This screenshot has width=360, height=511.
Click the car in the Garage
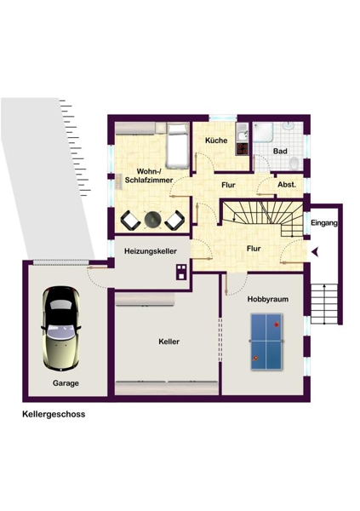[x=61, y=328]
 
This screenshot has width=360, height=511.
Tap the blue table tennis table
[x=266, y=342]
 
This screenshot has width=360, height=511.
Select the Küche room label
[x=216, y=141]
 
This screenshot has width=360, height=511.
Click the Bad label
[x=280, y=152]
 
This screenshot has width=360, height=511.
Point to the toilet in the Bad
[x=294, y=163]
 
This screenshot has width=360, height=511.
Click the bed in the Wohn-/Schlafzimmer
[x=178, y=146]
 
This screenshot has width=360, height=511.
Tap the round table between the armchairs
[x=152, y=220]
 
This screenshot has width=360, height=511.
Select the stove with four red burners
[x=242, y=148]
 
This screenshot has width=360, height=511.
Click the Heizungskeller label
[x=151, y=251]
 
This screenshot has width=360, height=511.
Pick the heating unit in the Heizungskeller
[x=181, y=273]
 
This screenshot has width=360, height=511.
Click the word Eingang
[x=324, y=223]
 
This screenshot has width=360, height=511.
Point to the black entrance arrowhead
[x=315, y=252]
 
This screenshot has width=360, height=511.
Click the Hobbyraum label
[x=268, y=299]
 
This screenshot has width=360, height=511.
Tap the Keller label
[x=169, y=342]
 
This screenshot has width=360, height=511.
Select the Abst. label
[x=287, y=185]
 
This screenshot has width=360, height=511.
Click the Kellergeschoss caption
[x=54, y=414]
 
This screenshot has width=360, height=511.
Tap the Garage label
[x=66, y=383]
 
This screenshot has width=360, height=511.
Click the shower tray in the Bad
[x=263, y=132]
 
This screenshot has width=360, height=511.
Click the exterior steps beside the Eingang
[x=324, y=304]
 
